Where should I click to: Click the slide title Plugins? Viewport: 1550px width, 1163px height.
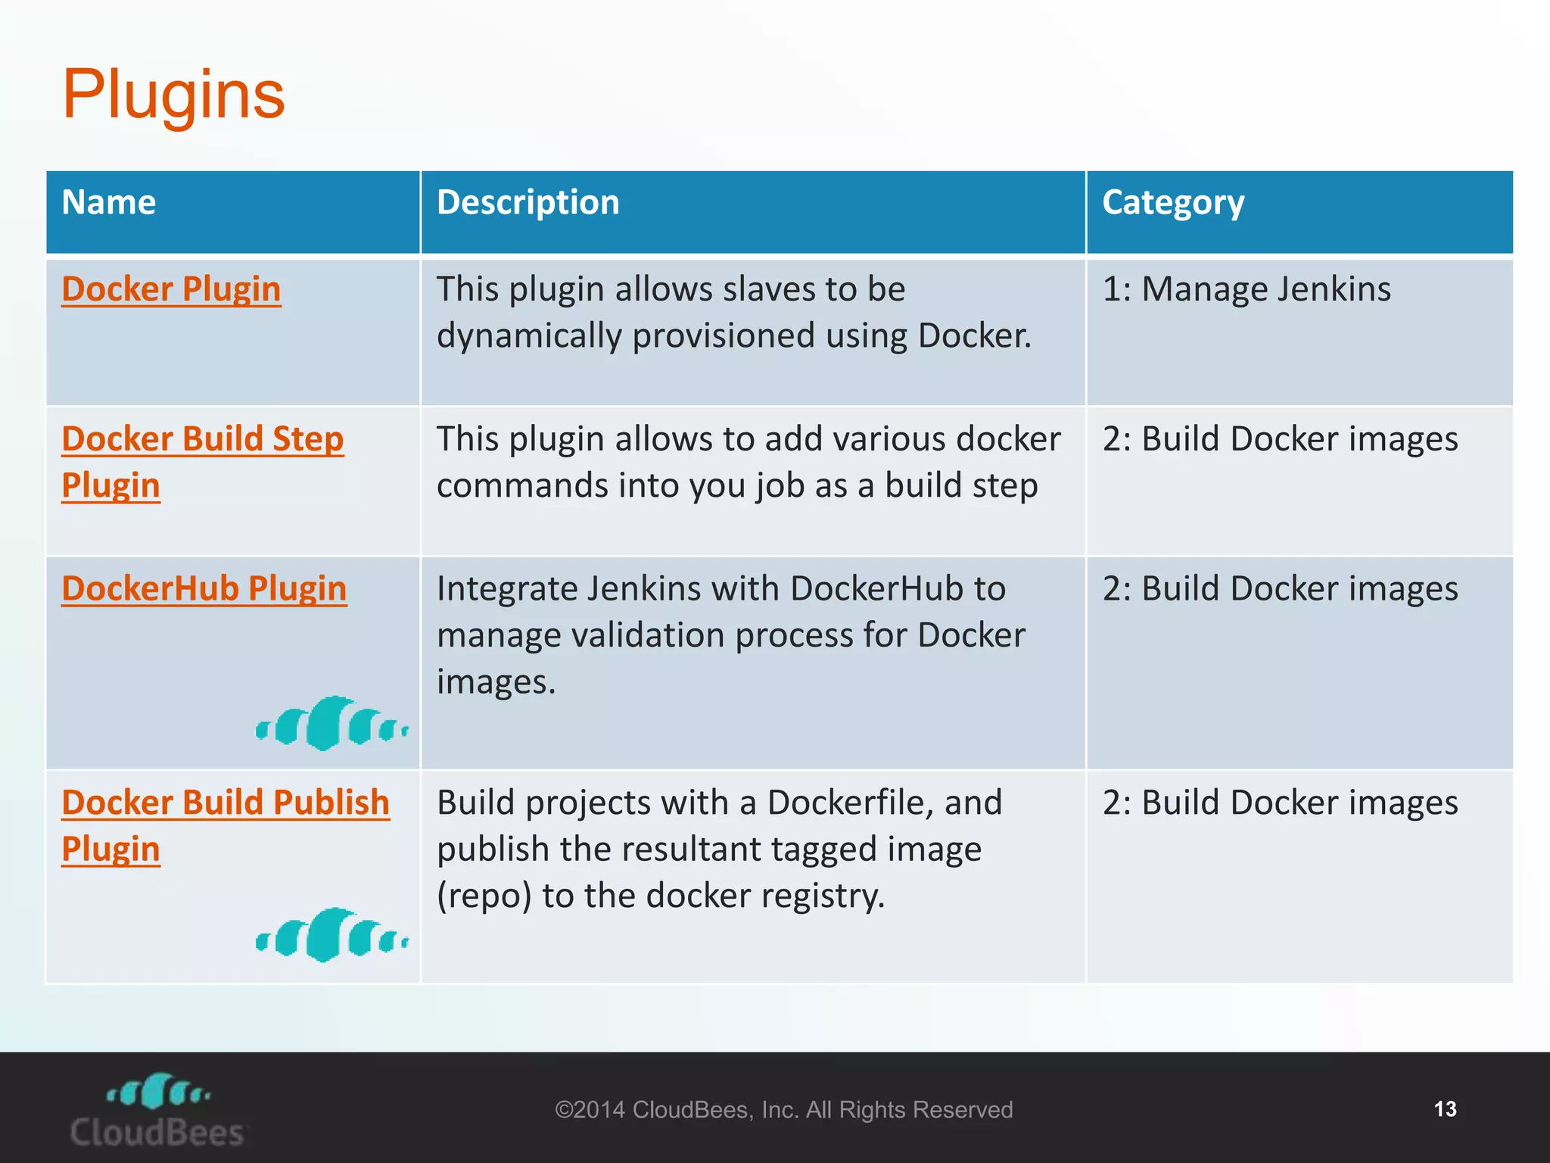[x=173, y=95]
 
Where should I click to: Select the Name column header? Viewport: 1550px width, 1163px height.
[x=109, y=203]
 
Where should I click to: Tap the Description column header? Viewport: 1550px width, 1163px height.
[x=528, y=203]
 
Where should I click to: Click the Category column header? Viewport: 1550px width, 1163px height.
[x=1172, y=203]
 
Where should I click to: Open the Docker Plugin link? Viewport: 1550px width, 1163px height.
[x=171, y=289]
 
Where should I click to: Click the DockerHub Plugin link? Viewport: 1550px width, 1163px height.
[x=204, y=589]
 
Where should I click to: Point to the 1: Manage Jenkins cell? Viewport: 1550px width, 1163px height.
[x=1246, y=289]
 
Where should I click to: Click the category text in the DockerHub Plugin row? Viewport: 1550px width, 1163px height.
[x=1279, y=589]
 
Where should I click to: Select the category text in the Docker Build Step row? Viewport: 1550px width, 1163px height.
[x=1279, y=439]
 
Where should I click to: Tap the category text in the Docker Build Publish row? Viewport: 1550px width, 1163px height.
[x=1279, y=803]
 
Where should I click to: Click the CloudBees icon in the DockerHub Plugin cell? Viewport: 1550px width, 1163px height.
[x=331, y=724]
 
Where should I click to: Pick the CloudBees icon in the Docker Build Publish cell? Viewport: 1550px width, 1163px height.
[x=331, y=936]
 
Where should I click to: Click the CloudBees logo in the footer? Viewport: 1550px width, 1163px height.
[x=157, y=1110]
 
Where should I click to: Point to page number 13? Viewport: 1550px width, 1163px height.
[x=1444, y=1109]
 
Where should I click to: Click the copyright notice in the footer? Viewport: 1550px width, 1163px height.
[x=783, y=1110]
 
